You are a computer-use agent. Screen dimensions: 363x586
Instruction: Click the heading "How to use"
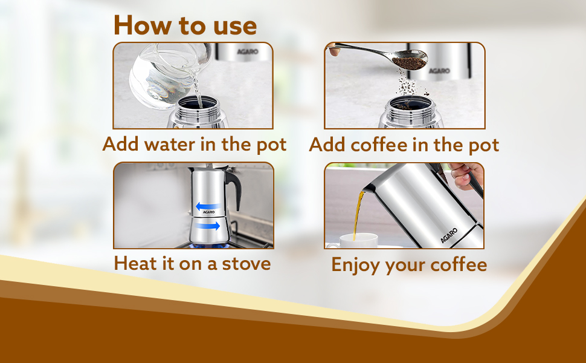[185, 25]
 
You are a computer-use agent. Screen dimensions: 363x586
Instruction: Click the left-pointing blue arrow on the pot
[205, 206]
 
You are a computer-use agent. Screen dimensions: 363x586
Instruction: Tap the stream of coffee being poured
[357, 212]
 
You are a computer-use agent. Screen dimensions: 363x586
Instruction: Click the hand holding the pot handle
[466, 175]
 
